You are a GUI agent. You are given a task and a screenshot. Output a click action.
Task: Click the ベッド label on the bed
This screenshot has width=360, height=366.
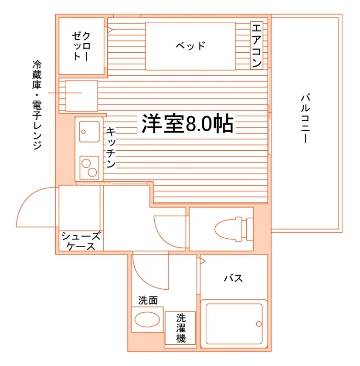coord(190,46)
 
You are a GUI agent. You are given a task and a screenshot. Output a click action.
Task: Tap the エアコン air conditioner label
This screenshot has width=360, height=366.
coord(257,45)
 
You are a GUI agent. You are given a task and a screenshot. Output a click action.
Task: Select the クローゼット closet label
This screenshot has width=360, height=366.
coord(81,46)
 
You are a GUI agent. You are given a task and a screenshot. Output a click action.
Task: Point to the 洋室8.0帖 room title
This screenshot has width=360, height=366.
coord(187,123)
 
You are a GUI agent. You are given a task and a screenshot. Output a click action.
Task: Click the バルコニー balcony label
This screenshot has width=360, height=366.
coord(305,118)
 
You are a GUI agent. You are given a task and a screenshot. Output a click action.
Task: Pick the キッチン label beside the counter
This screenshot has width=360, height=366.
coord(111,148)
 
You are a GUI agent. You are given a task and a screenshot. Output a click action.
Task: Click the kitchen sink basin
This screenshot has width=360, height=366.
coord(89,132)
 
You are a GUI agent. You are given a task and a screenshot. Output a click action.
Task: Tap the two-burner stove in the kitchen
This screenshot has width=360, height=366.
coord(89,168)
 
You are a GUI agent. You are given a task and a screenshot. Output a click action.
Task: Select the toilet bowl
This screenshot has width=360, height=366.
coord(228,229)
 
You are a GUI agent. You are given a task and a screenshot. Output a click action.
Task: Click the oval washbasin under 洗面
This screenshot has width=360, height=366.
coord(147,319)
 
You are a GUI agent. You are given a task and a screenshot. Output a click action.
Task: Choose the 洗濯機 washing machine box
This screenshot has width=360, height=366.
coord(180,328)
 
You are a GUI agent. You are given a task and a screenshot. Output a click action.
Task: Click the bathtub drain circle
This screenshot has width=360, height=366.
coord(259,324)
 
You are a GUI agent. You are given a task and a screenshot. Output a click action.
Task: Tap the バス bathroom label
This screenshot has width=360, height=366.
coord(233,278)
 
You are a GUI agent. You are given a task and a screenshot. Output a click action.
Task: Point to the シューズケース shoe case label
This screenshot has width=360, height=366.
coord(81,241)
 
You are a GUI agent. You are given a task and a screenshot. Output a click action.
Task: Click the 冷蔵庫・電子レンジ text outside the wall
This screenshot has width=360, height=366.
coord(37,105)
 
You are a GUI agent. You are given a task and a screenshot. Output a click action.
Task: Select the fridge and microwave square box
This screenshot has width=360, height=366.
coord(82,96)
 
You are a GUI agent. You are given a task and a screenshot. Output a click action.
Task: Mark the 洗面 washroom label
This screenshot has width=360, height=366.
coord(148,300)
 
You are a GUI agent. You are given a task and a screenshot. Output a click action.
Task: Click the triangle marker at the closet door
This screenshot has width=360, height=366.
coord(110,30)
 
